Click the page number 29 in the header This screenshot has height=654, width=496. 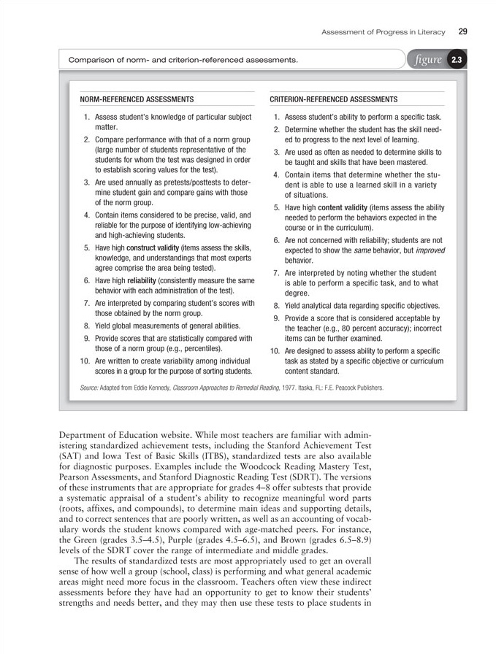click(x=463, y=31)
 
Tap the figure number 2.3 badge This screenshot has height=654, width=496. click(x=456, y=60)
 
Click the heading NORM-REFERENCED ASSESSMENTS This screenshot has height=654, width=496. click(x=137, y=99)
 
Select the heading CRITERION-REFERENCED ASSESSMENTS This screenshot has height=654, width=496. click(x=334, y=99)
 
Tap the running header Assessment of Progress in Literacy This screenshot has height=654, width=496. click(x=384, y=31)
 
